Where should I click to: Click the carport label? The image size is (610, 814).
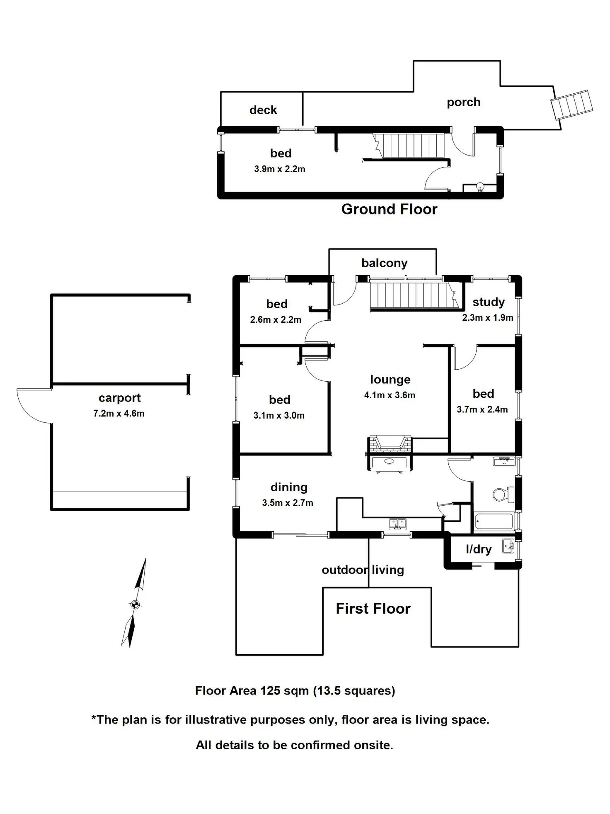[119, 398]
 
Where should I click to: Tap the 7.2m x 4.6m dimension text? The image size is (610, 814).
[119, 413]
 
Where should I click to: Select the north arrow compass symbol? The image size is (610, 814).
[134, 602]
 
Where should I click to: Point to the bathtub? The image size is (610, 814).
[494, 521]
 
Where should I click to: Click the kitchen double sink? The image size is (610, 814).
[397, 524]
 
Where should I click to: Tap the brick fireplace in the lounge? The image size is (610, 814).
[390, 444]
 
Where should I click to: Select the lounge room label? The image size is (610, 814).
[390, 380]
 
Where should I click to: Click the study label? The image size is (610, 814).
[489, 302]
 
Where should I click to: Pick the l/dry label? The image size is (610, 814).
[479, 549]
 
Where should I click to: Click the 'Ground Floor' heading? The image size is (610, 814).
[389, 209]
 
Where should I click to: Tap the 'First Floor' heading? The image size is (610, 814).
[373, 609]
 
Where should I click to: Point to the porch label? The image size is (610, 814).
[464, 102]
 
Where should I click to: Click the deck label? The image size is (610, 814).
[263, 110]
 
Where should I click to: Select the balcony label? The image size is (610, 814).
[385, 263]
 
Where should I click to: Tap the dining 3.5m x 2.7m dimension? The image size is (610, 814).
[288, 503]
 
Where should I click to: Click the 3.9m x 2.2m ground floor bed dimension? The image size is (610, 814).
[280, 169]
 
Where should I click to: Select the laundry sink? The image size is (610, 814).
[508, 546]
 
